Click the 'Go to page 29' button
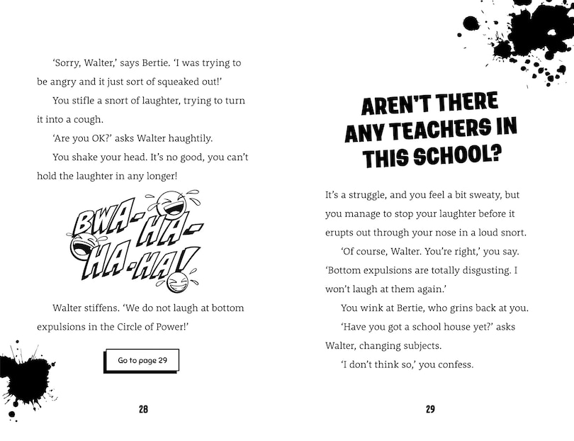click(142, 360)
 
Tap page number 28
click(143, 409)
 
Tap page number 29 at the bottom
click(430, 409)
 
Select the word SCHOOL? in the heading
click(458, 155)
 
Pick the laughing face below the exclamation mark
click(175, 281)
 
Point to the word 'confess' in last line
click(451, 365)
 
